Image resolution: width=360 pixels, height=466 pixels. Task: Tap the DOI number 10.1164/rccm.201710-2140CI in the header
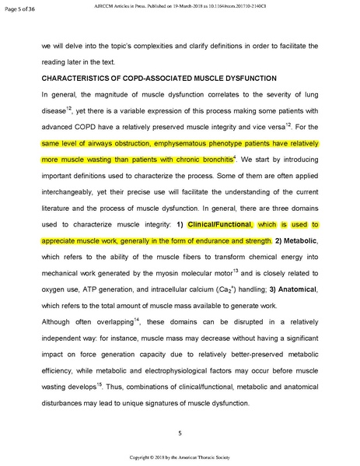coord(239,6)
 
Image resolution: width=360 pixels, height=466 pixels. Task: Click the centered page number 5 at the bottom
coord(180,432)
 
